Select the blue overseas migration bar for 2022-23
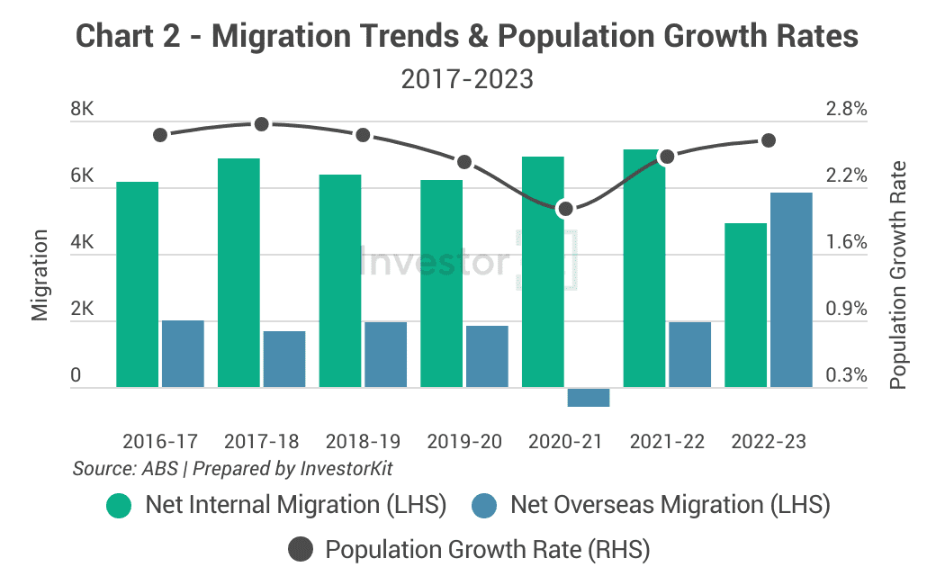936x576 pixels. [x=791, y=290]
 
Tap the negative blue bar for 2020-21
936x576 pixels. [x=589, y=397]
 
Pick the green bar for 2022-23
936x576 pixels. [x=745, y=305]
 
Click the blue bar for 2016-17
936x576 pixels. [x=183, y=354]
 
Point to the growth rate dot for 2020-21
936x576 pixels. [x=565, y=209]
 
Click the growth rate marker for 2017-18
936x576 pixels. [x=262, y=123]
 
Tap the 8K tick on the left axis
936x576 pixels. [x=83, y=110]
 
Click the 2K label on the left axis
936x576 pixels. [x=83, y=309]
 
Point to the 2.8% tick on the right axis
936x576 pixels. [x=845, y=110]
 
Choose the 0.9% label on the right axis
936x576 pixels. [x=845, y=309]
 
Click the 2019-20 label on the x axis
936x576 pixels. [x=464, y=442]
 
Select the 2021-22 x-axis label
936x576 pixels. [x=667, y=442]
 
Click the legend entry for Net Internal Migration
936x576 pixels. [x=279, y=505]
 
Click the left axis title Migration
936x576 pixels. [x=40, y=274]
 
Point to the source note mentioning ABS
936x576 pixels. [x=232, y=469]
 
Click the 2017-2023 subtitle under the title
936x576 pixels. [x=467, y=79]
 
